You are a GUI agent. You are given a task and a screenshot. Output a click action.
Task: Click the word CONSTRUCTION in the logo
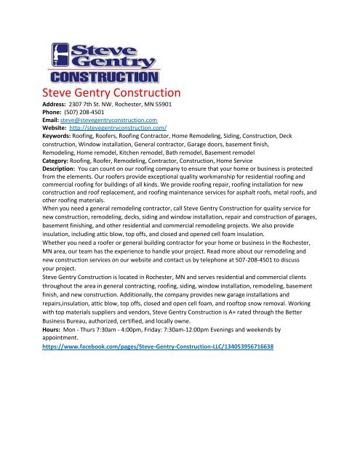click(103, 77)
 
